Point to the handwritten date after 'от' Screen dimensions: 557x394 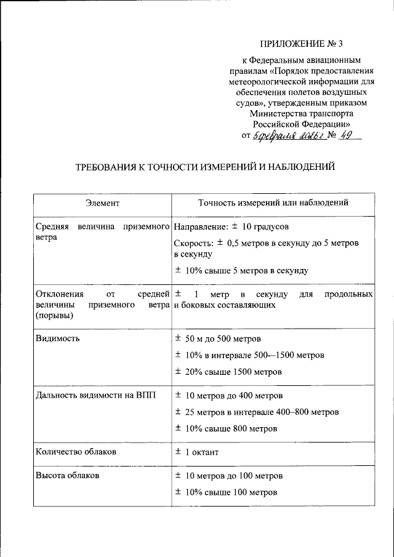[x=287, y=135]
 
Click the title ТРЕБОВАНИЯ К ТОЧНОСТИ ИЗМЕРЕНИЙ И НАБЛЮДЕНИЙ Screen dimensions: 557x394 [x=204, y=167]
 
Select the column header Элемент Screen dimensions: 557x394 [x=102, y=202]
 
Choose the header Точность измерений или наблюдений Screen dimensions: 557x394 [x=273, y=202]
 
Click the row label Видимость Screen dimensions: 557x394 [x=57, y=339]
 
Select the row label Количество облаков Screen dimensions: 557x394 [x=76, y=452]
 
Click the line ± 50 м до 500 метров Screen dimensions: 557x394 [x=217, y=339]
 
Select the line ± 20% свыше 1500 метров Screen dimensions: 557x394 [x=228, y=372]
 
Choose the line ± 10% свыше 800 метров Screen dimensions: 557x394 [x=225, y=428]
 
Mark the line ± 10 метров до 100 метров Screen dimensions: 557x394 [x=228, y=476]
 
